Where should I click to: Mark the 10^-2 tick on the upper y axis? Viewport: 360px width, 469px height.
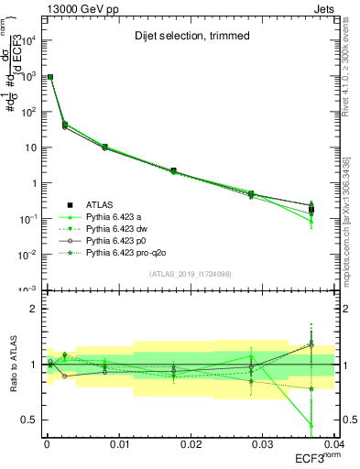coord(27,254)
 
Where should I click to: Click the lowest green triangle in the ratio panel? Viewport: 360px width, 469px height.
coord(311,425)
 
